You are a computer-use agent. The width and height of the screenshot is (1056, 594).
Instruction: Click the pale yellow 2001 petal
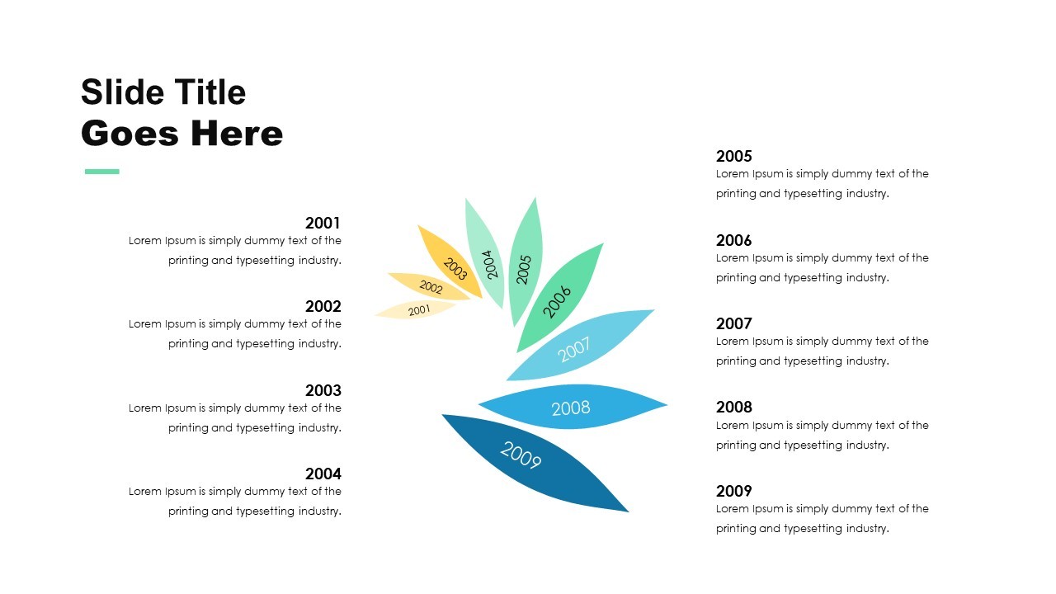[417, 310]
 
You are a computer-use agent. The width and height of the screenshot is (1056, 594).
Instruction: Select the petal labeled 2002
[430, 287]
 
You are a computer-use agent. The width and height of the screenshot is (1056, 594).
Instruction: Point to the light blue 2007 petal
[577, 347]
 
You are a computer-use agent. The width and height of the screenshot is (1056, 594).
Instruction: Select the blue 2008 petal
[571, 408]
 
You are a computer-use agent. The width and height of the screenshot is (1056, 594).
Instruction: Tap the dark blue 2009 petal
[528, 459]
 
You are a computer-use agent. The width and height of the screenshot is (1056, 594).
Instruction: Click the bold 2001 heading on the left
[323, 223]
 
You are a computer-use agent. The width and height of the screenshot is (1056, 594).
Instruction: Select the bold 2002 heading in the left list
[323, 306]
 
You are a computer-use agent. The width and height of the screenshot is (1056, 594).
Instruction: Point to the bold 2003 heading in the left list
[323, 390]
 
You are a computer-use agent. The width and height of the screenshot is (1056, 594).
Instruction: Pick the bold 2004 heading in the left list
[323, 474]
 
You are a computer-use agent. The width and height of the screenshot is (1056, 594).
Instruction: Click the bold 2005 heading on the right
[734, 156]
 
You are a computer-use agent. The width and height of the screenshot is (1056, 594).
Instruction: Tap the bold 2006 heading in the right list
[734, 240]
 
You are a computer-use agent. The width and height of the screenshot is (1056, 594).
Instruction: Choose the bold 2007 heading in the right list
[734, 323]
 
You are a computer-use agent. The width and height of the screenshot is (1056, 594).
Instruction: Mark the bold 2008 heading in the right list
[734, 407]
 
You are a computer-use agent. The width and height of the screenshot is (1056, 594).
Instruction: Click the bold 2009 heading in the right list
[734, 491]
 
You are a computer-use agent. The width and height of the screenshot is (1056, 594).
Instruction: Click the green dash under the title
[102, 172]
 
